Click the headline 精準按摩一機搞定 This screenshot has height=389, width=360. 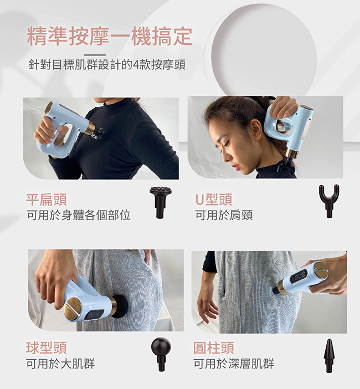pos(110,37)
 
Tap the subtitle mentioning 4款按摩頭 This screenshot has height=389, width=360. pos(107,65)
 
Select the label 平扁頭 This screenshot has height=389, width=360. pos(47,199)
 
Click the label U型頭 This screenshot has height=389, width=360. pos(214,199)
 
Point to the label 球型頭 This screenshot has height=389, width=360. pos(47,348)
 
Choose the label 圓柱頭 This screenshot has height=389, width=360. pos(214,348)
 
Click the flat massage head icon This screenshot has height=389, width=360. pos(161,202)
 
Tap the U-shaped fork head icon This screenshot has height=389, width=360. pos(329,201)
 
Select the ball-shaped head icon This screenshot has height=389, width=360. pos(161,354)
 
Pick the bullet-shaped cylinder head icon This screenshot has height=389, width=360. pos(329,355)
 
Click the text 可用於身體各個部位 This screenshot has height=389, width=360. pos(79,215)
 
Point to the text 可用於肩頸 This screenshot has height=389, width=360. pos(224,215)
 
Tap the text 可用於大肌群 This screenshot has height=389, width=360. pos(60,364)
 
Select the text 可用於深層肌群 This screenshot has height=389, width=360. pos(234,364)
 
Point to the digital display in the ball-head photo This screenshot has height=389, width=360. pos(92,315)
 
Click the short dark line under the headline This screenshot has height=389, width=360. pos(95,55)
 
